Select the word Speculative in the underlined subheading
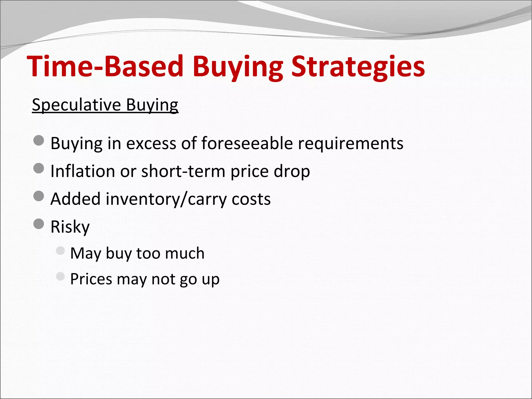(76, 105)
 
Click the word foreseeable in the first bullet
(247, 143)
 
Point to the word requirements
(351, 143)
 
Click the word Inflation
(83, 171)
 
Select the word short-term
(183, 171)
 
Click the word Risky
(70, 227)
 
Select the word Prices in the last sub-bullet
(91, 279)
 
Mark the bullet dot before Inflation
(39, 168)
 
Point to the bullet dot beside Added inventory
(39, 196)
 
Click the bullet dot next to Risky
(39, 224)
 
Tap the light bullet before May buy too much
(60, 251)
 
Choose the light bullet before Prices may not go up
(60, 276)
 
